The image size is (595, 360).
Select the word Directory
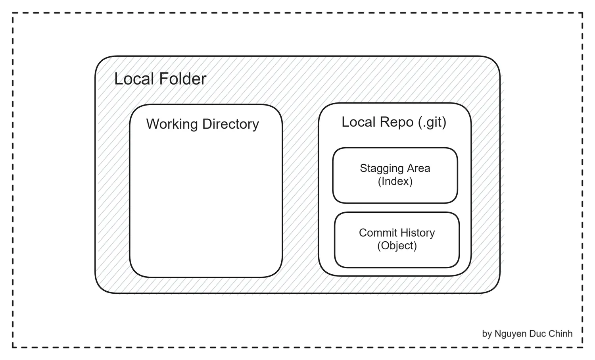click(x=230, y=124)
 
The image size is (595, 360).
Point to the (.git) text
click(x=432, y=123)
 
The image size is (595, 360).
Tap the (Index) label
click(x=395, y=182)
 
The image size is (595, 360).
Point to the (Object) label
click(x=397, y=246)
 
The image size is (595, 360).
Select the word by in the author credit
click(x=487, y=334)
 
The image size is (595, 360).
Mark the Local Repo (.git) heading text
click(x=394, y=123)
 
